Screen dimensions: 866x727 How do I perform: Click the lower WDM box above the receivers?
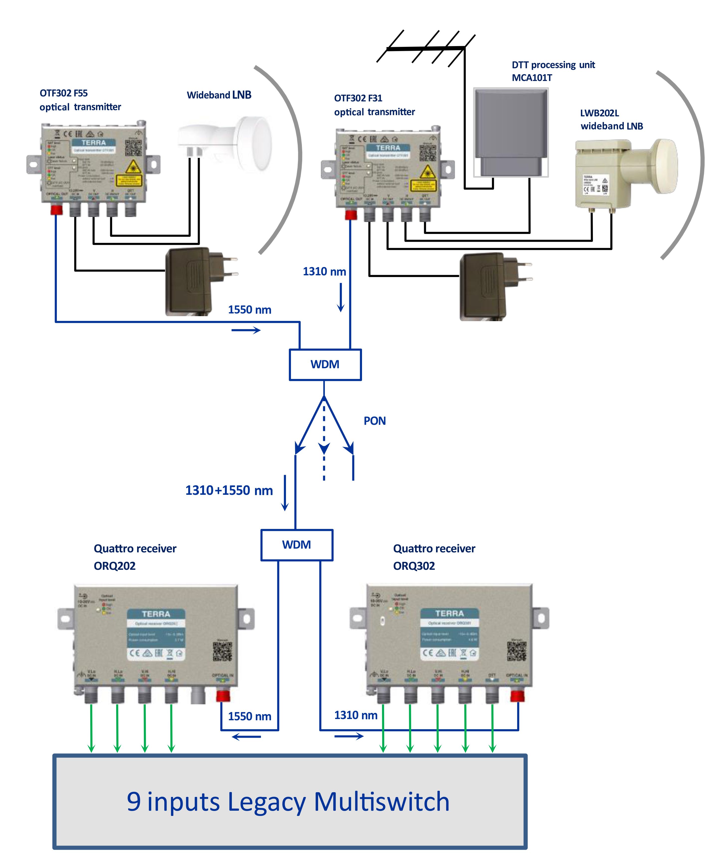pos(297,545)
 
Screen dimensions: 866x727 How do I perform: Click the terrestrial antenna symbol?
pos(425,48)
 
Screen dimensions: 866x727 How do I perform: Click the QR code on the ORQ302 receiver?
pos(516,651)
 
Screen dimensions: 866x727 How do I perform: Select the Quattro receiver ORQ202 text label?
pos(135,557)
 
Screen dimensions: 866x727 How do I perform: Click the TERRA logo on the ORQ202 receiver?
pos(156,614)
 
